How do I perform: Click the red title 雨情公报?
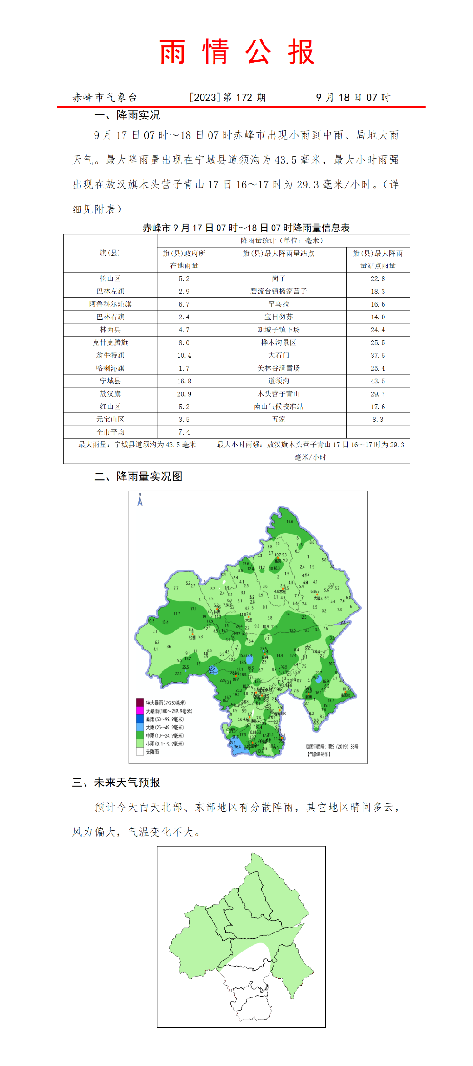237,52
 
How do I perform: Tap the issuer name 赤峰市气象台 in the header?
105,98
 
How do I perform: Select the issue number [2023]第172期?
227,98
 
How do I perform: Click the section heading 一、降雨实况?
127,115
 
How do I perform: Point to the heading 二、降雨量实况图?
138,476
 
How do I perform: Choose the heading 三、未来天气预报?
116,783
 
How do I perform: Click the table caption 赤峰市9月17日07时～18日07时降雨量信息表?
246,228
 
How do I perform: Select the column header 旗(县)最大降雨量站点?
279,253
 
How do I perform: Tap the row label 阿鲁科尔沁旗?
110,304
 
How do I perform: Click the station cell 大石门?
279,356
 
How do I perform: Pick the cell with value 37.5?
378,356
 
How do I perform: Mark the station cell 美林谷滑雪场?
279,368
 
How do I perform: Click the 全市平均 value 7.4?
184,432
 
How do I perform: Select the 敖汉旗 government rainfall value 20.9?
184,394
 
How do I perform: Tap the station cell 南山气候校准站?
279,407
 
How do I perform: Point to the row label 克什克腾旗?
110,342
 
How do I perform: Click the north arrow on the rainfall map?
140,500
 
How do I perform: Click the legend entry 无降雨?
152,752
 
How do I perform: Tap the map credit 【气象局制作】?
319,754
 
